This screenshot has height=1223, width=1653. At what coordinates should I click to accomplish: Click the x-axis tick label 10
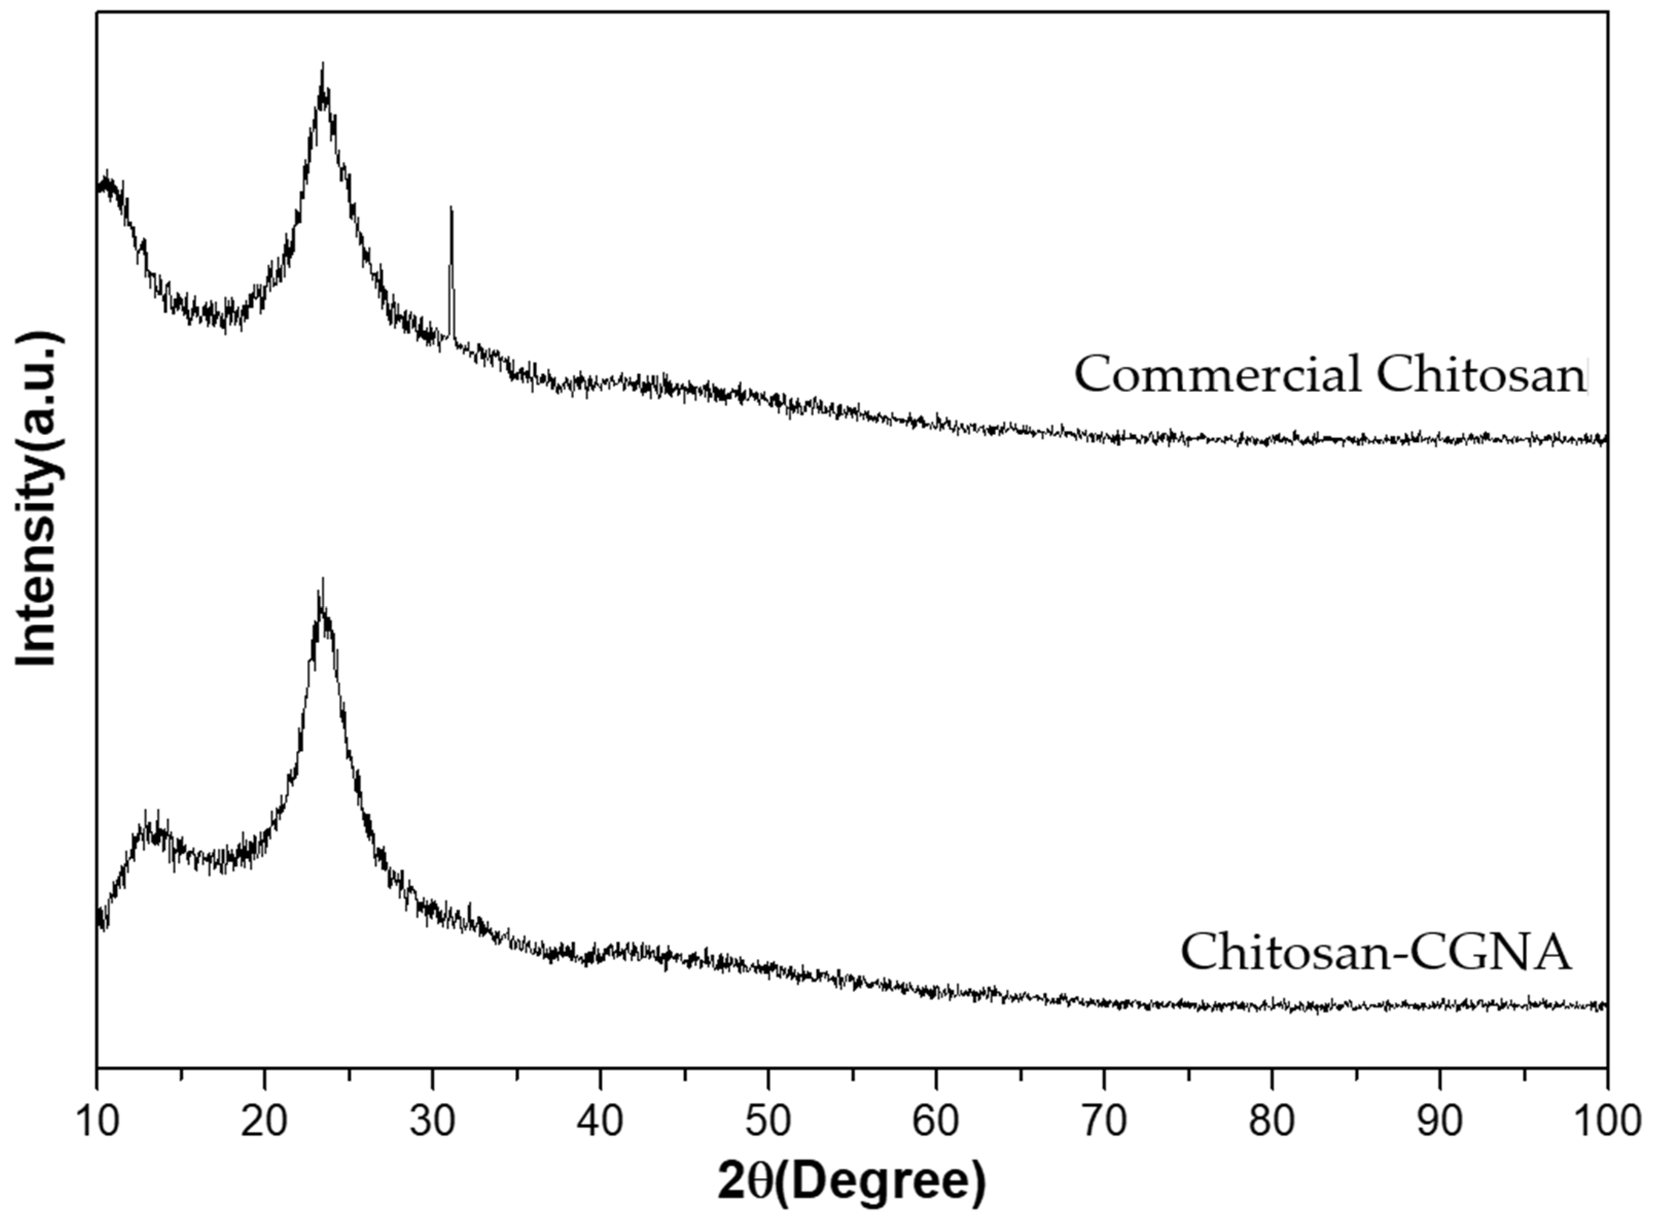click(96, 1122)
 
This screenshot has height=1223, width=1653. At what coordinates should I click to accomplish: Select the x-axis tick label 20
click(264, 1122)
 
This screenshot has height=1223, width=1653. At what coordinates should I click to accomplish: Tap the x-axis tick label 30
click(432, 1122)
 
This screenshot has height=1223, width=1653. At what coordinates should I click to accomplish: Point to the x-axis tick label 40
click(600, 1122)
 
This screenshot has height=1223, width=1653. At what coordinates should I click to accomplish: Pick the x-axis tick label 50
click(768, 1122)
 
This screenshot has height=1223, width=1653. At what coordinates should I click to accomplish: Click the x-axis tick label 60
click(936, 1122)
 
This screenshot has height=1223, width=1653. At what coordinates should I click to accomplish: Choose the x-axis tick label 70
click(1104, 1122)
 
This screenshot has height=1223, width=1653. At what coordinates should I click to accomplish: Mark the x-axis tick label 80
click(1272, 1122)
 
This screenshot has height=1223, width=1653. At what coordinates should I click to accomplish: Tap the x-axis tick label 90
click(1440, 1122)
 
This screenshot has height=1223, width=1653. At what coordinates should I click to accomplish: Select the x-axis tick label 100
click(1607, 1122)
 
